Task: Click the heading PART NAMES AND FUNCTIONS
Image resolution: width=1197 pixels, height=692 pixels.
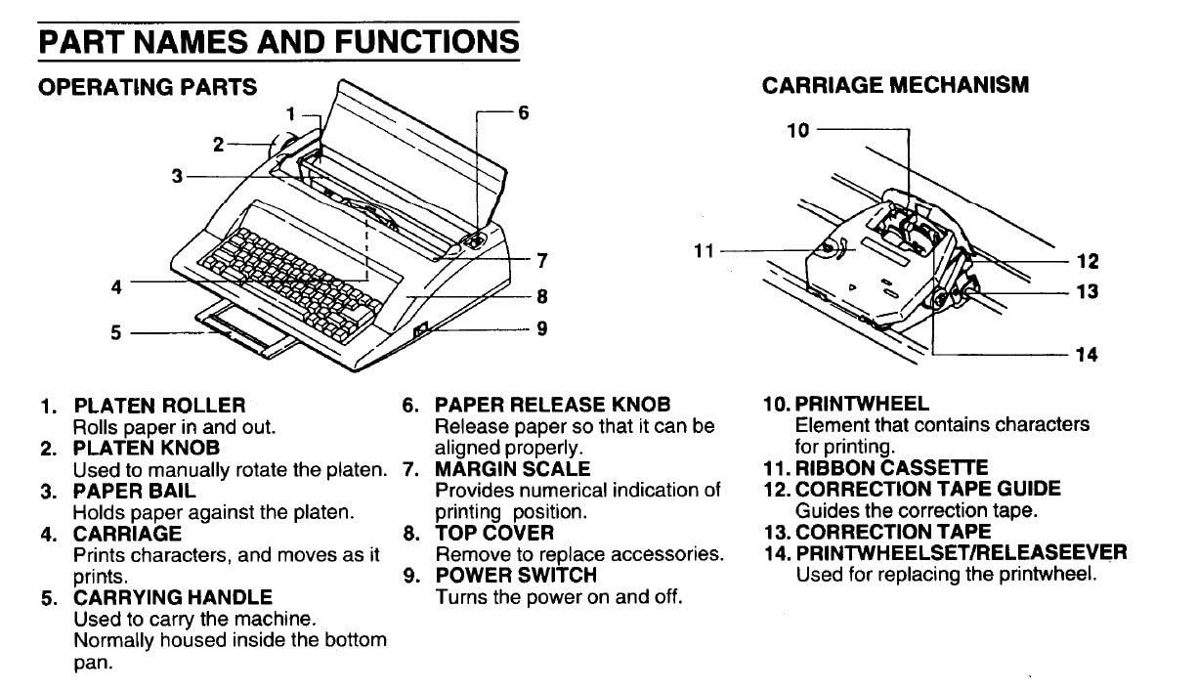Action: [x=278, y=42]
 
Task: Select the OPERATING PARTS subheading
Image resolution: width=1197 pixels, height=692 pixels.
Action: [x=147, y=87]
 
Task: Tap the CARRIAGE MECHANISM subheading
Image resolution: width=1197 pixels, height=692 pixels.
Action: [x=895, y=85]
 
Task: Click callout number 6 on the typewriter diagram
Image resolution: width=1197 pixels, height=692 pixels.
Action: [x=524, y=112]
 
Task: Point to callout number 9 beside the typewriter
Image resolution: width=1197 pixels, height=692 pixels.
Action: [x=541, y=328]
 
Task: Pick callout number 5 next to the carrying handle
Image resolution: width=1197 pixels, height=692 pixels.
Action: [x=115, y=332]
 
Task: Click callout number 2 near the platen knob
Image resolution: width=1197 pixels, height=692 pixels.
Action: [x=219, y=145]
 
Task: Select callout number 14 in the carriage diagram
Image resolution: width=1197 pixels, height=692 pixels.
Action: [x=1087, y=355]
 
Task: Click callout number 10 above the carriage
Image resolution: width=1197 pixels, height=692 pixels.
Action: [x=798, y=129]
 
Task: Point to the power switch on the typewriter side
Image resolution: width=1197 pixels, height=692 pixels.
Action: [x=421, y=333]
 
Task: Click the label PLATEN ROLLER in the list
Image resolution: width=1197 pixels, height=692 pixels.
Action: [x=159, y=405]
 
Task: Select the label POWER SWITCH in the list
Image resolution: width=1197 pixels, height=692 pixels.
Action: [x=515, y=575]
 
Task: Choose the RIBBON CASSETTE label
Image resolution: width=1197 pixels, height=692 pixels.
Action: [x=891, y=468]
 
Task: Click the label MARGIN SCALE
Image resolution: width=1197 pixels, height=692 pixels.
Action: [x=512, y=469]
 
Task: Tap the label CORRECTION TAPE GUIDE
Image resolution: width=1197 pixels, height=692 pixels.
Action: [x=927, y=489]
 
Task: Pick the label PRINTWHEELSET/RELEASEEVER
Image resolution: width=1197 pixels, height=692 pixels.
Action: [x=961, y=553]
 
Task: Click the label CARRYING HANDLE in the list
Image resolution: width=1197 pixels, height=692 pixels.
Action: [x=173, y=596]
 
